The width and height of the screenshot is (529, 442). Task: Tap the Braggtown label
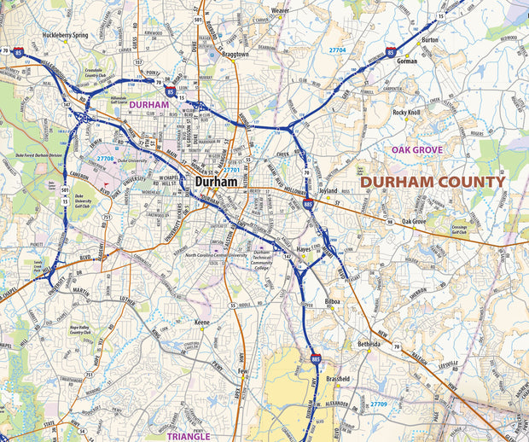tap(230, 53)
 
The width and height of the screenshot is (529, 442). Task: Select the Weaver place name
tap(280, 10)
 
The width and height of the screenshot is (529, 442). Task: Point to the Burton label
tap(430, 40)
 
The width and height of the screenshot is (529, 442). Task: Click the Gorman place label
tap(407, 61)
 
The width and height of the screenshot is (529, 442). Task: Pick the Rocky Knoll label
tap(406, 112)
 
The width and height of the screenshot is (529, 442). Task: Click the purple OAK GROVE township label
tap(416, 149)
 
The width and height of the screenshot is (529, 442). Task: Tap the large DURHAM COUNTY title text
tap(432, 182)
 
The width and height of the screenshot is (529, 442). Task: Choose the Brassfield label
tap(339, 378)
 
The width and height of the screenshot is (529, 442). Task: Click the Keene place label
tap(202, 323)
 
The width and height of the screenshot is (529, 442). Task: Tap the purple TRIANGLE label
tap(189, 436)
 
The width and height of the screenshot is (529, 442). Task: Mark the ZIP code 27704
tap(338, 50)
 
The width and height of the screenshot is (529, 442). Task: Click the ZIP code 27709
tap(379, 403)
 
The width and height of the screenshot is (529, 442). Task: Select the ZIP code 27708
tap(104, 159)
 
